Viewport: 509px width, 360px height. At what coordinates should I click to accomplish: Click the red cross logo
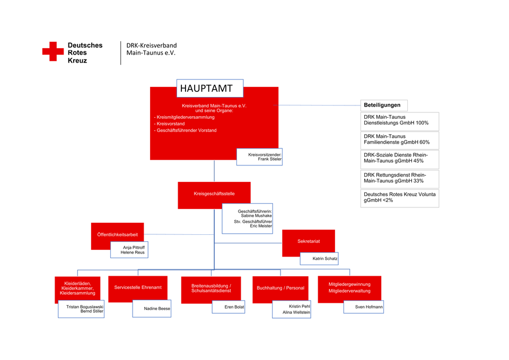coord(53,51)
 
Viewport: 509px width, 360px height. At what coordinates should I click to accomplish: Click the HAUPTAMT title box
coord(209,89)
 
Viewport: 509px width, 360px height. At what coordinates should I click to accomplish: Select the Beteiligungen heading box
coord(384,105)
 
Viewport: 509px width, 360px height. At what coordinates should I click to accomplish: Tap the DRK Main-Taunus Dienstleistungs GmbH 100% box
coord(399,120)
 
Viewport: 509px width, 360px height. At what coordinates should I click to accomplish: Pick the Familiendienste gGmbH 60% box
coord(399,139)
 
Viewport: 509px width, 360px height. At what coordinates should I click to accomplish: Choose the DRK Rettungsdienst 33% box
coord(399,178)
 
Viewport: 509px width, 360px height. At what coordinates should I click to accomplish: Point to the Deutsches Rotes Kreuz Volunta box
coord(399,198)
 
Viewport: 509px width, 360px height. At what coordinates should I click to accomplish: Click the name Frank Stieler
coord(270,159)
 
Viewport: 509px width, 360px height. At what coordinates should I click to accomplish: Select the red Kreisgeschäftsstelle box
coord(214,194)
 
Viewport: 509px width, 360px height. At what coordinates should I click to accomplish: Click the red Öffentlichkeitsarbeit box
coord(117,234)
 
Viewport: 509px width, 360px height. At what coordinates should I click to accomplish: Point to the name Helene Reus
coord(133,252)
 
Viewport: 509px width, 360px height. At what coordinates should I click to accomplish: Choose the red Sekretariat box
coord(308,241)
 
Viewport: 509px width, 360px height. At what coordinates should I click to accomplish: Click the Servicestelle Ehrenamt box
coord(137,287)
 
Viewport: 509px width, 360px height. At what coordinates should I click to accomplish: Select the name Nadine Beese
coord(157,309)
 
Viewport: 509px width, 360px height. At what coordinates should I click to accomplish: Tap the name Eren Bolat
coord(234,307)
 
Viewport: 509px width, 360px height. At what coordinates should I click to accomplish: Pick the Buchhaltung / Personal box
coord(280,288)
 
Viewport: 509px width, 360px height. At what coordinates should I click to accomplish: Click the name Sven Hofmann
coord(368,307)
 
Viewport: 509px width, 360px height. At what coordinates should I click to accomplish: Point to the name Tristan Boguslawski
coord(85,306)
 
